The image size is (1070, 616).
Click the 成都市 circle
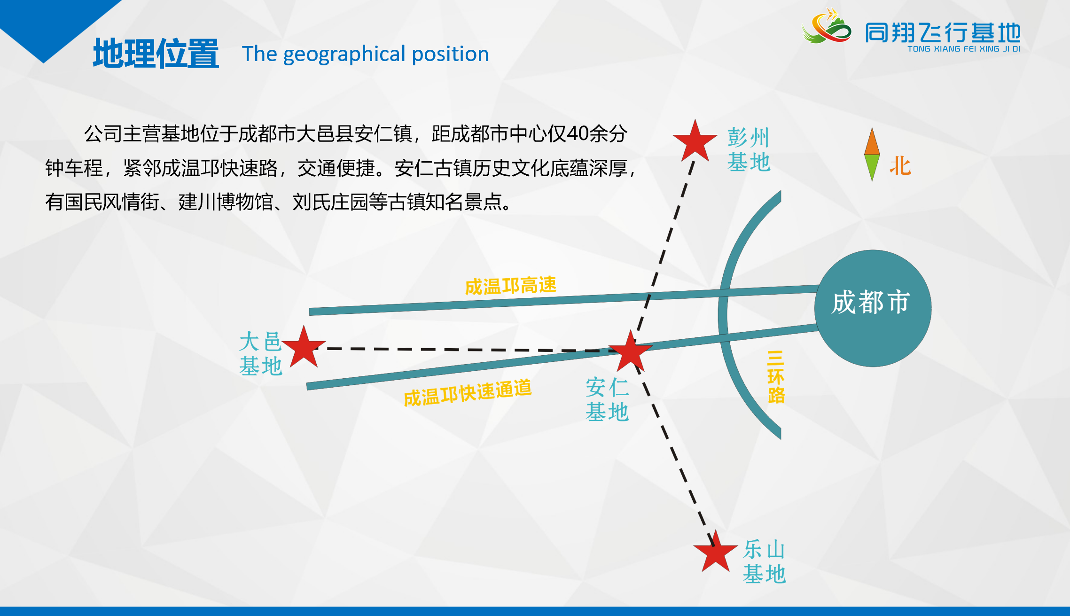(873, 308)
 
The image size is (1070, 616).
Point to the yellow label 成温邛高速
(511, 286)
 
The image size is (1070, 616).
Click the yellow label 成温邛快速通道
(468, 392)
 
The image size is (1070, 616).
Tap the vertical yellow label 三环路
(776, 377)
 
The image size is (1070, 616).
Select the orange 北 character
(900, 166)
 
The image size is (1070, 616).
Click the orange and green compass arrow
(872, 155)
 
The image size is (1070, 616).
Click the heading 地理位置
(156, 54)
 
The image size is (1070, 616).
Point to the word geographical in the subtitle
(344, 55)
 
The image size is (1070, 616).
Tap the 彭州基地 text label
(749, 149)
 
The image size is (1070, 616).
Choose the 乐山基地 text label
(764, 561)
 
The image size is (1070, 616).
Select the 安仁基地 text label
(607, 399)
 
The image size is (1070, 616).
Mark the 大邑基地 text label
(260, 353)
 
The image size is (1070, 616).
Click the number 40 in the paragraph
(577, 134)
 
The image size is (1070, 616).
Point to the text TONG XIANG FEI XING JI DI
(964, 49)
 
